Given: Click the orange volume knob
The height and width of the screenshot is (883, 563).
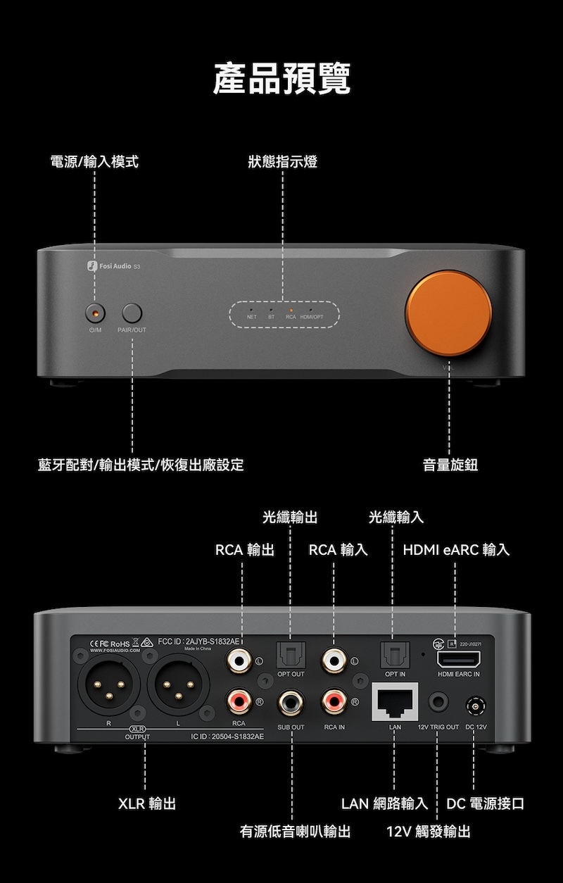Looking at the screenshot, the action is tap(449, 310).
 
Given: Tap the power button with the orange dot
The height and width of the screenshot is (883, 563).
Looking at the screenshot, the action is tap(94, 312).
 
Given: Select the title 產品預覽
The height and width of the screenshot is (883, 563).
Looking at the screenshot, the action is tap(281, 78).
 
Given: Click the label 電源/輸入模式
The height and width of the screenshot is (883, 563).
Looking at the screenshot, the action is tap(94, 162).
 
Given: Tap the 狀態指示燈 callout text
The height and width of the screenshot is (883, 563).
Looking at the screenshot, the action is tap(282, 162).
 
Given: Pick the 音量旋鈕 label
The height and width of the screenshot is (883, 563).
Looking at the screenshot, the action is tap(450, 465).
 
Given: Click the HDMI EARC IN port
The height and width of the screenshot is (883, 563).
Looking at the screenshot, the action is tap(458, 660).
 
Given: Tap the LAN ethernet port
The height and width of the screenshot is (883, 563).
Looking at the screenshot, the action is tap(394, 701).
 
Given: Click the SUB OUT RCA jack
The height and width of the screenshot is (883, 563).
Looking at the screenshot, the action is tap(291, 701).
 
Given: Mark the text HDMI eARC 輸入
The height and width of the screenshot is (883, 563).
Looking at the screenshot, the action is tap(456, 549).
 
